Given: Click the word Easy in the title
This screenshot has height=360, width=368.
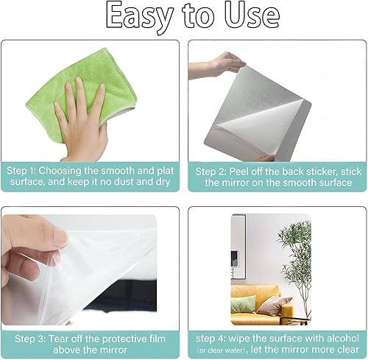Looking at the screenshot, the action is (x=138, y=17).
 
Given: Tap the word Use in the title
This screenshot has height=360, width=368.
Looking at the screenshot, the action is (x=252, y=15).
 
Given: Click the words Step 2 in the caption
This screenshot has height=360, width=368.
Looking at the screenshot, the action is (x=210, y=172).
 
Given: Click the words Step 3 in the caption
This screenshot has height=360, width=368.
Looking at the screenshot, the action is (x=30, y=339).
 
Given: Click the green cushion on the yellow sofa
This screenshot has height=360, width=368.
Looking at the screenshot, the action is (x=243, y=304).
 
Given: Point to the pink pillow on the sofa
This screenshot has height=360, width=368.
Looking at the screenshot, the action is (x=275, y=306).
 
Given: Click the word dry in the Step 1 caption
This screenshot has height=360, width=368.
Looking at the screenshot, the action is (x=163, y=182).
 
